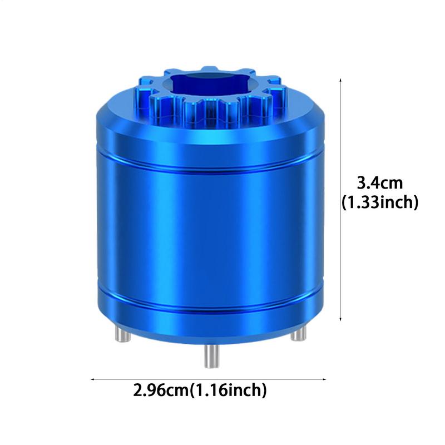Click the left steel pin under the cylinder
click(x=120, y=333)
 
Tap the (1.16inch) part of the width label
click(x=229, y=390)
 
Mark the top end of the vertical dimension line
click(x=340, y=80)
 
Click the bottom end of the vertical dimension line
click(x=340, y=321)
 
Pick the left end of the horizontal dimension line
click(x=92, y=379)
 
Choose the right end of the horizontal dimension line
click(x=326, y=379)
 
